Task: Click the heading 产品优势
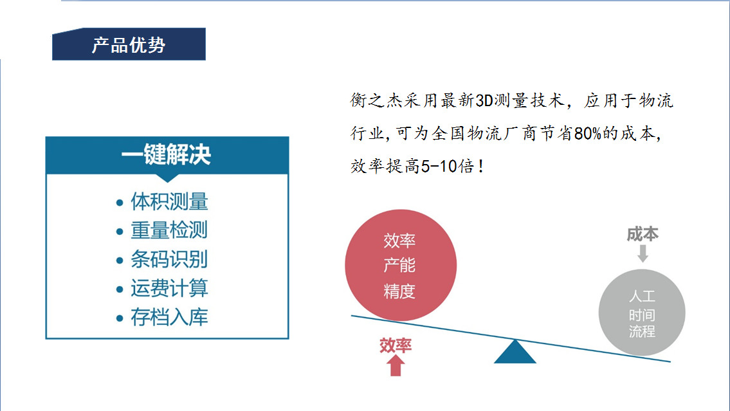129,45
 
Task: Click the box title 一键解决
166,154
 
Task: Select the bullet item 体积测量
169,201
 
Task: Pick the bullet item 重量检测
169,230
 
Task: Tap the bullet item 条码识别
169,259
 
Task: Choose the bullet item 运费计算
169,288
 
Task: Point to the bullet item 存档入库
169,317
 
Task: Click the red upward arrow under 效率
396,365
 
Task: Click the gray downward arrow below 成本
643,253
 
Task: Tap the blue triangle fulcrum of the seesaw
515,352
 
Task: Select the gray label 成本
643,234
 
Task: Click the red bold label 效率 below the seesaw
396,345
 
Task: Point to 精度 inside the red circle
399,291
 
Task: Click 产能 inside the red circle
399,266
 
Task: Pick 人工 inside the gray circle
642,296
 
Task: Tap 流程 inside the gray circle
642,331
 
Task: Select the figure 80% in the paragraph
588,134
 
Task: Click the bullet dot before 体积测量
120,203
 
